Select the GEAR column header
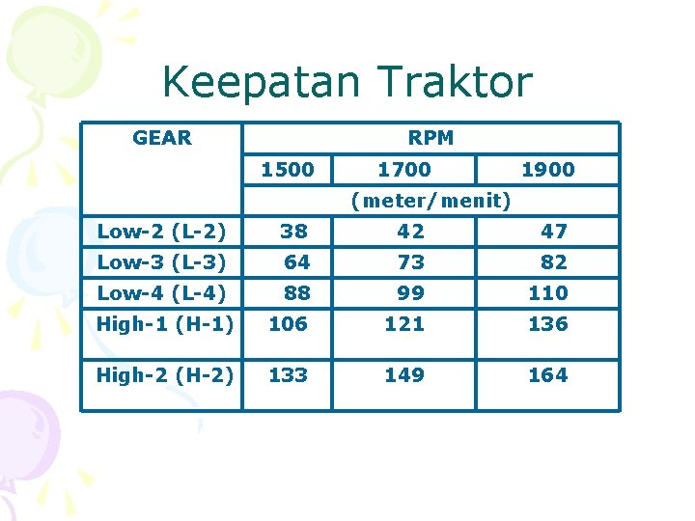(162, 138)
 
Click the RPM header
(431, 138)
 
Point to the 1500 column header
(288, 170)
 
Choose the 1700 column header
(403, 170)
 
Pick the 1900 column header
(547, 170)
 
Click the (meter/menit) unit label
(431, 201)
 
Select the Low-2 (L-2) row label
(161, 232)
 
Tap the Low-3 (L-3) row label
(161, 262)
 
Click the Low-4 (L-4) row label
(161, 293)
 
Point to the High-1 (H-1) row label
(165, 324)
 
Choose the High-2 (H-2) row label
(165, 374)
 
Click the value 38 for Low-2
(293, 232)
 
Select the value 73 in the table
(410, 262)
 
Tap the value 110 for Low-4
(547, 293)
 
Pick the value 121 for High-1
(404, 324)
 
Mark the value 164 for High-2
(547, 374)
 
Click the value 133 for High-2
(288, 374)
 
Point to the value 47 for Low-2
(553, 232)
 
